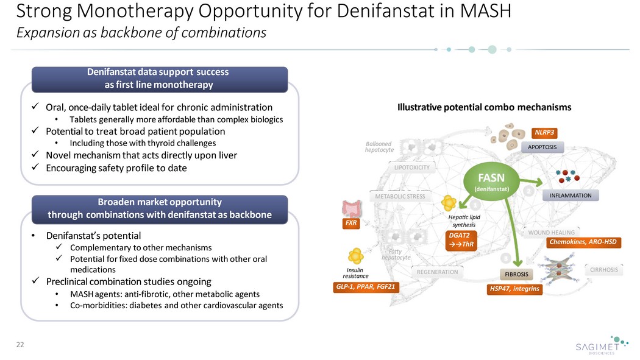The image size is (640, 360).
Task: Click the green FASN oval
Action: pyautogui.click(x=491, y=182)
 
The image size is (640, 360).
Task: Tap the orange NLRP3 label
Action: pyautogui.click(x=544, y=133)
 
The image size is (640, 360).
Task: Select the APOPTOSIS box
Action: pyautogui.click(x=542, y=147)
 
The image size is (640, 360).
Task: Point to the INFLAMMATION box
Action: pyautogui.click(x=570, y=196)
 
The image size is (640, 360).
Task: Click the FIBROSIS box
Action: pyautogui.click(x=516, y=274)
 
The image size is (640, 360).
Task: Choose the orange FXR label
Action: pyautogui.click(x=351, y=223)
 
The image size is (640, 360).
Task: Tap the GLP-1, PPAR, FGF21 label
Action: pyautogui.click(x=365, y=287)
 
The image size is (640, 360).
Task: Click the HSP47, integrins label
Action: pyautogui.click(x=514, y=289)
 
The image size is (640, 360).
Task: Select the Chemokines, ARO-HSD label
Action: pyautogui.click(x=583, y=242)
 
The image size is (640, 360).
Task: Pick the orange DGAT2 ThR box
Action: pyautogui.click(x=461, y=240)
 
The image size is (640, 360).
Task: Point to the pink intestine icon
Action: pyautogui.click(x=352, y=208)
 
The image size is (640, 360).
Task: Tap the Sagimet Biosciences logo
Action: pyautogui.click(x=602, y=345)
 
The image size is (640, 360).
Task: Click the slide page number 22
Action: pyautogui.click(x=20, y=345)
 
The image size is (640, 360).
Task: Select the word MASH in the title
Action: pyautogui.click(x=486, y=11)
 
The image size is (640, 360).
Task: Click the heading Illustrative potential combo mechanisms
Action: pyautogui.click(x=484, y=107)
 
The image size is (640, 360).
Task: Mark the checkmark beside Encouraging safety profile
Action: pyautogui.click(x=35, y=167)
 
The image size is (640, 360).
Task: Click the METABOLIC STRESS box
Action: pyautogui.click(x=400, y=197)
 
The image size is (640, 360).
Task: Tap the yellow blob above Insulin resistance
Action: pyautogui.click(x=355, y=256)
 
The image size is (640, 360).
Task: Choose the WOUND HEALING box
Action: pyautogui.click(x=551, y=233)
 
